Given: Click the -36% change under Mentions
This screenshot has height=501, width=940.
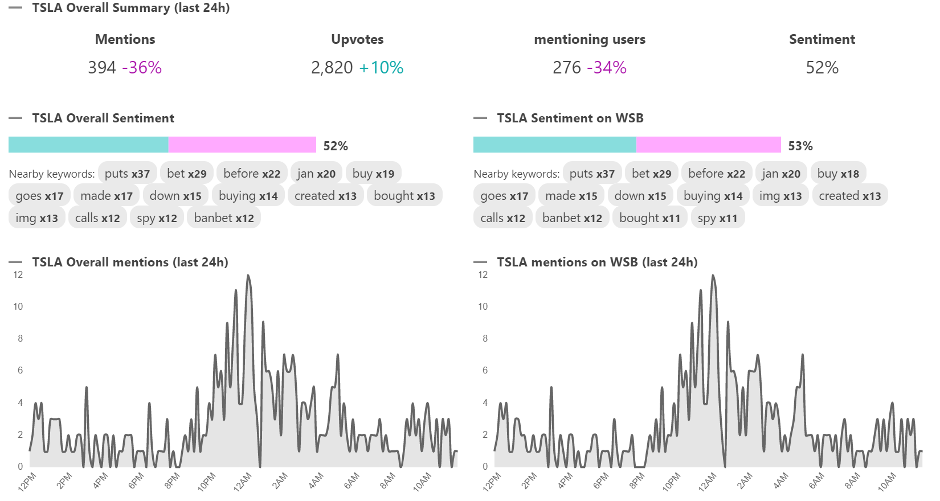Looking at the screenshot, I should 142,68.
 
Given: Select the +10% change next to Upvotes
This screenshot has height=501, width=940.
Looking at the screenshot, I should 381,68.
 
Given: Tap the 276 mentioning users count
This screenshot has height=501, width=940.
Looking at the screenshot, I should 566,68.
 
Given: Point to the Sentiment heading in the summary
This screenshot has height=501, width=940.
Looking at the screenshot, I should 822,39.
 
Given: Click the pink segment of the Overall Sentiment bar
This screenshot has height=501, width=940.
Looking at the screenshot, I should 242,145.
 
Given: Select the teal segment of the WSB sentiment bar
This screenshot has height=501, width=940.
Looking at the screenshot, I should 554,145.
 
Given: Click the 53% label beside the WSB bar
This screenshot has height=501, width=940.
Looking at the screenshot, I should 800,146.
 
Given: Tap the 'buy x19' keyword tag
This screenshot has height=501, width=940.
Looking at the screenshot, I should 373,174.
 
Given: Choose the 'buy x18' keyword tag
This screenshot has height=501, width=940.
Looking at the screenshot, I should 838,174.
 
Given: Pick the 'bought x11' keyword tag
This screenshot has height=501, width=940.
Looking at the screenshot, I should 649,218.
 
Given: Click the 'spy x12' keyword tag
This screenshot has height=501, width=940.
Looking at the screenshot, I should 157,218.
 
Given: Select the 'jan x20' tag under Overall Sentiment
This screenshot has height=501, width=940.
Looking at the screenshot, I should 316,174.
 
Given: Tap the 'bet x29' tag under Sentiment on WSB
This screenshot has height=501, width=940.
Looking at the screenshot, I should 651,174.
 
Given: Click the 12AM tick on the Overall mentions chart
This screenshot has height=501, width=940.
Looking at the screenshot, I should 243,481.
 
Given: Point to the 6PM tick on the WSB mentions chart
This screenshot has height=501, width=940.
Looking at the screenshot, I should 601,481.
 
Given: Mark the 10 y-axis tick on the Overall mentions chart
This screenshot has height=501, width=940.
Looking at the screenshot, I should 18,307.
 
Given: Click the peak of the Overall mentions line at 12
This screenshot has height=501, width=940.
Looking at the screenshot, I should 248,276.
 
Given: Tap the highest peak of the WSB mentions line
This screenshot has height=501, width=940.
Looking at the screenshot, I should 713,276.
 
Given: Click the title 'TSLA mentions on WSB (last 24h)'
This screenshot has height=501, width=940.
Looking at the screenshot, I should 597,262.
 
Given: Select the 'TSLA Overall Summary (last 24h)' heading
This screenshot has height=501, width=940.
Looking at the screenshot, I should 131,8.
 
